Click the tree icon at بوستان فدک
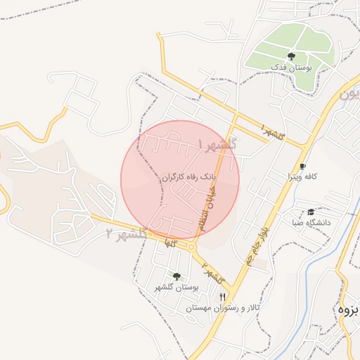click(291, 56)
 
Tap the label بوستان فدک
click(291, 68)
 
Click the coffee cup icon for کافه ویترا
click(303, 167)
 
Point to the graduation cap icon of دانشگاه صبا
click(311, 212)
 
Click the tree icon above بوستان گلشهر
click(176, 276)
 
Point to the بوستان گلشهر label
click(177, 288)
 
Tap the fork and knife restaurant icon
click(223, 297)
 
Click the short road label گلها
click(168, 241)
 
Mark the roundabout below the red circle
click(191, 246)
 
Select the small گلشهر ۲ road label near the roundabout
click(208, 270)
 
